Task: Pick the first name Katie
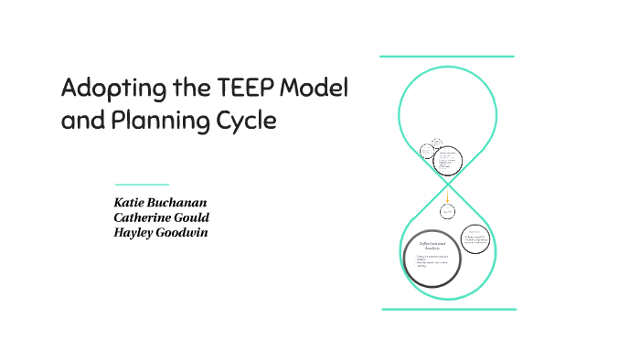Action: (x=129, y=201)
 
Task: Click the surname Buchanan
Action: (x=184, y=201)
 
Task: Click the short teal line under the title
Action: (x=142, y=185)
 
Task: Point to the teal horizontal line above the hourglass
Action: (x=447, y=57)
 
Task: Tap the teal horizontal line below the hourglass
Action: (x=447, y=310)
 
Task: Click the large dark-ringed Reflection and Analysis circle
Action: (x=432, y=257)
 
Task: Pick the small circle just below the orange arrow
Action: (x=447, y=212)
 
